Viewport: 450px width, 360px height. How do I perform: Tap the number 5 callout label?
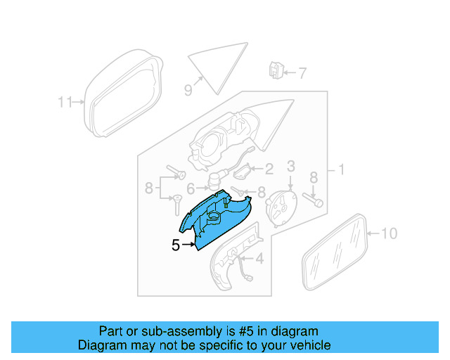[x=176, y=245]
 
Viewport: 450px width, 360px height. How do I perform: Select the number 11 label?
[x=65, y=102]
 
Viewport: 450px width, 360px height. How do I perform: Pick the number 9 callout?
[x=188, y=89]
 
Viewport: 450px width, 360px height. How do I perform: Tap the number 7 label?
[x=302, y=72]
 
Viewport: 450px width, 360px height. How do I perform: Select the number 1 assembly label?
[x=342, y=169]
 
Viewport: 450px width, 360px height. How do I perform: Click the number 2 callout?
[x=269, y=169]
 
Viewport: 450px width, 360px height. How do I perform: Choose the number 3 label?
[x=290, y=166]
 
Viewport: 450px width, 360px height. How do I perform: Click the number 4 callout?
[x=259, y=259]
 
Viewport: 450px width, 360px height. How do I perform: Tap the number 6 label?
[x=191, y=188]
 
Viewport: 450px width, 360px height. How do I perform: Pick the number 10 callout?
[x=389, y=233]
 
